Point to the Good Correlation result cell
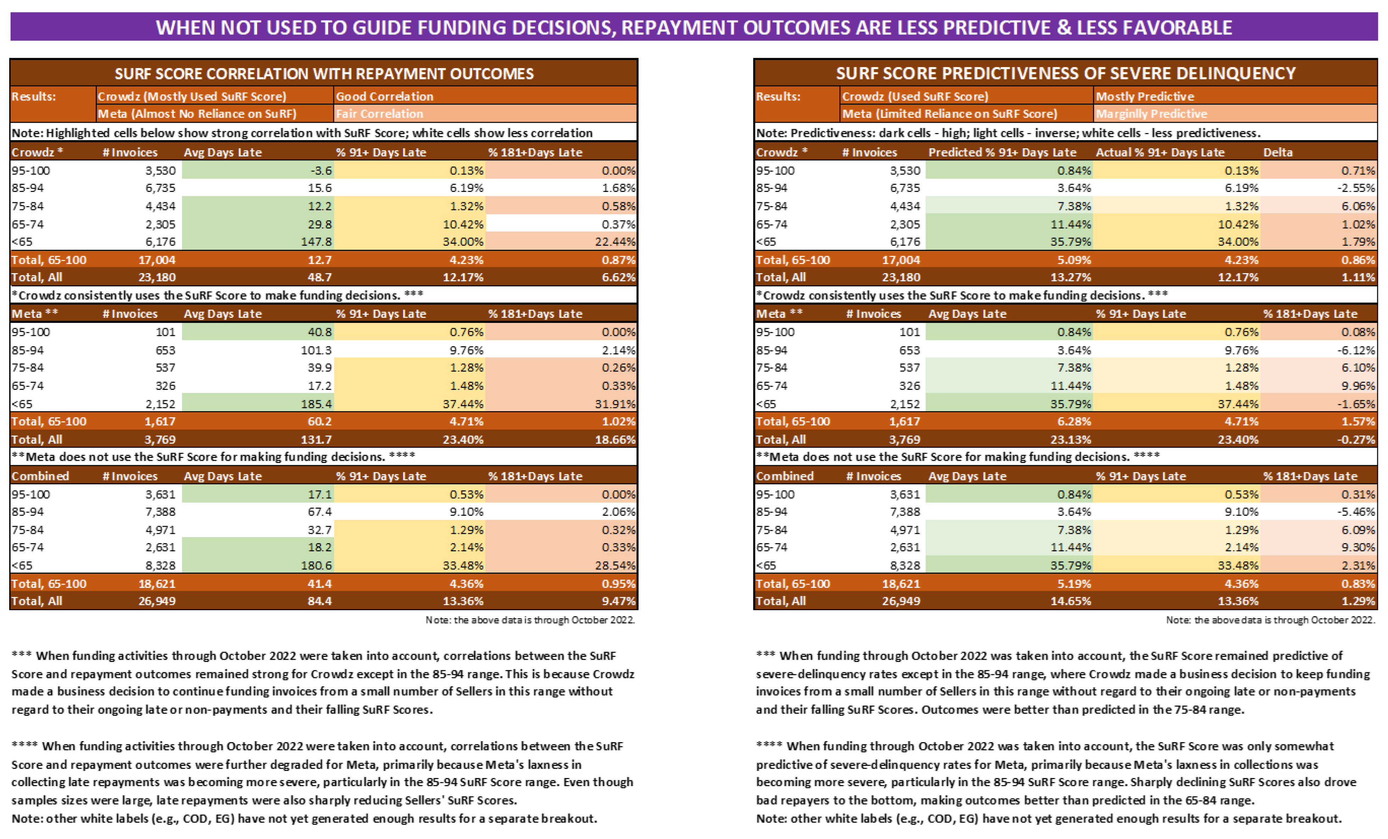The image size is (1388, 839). point(385,96)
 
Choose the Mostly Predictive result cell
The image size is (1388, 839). point(1145,96)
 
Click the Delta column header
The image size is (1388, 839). point(1278,152)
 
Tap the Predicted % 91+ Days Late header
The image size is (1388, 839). point(1002,152)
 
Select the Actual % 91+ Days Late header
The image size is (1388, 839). point(1160,152)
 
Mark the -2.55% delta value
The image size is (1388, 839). point(1355,188)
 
